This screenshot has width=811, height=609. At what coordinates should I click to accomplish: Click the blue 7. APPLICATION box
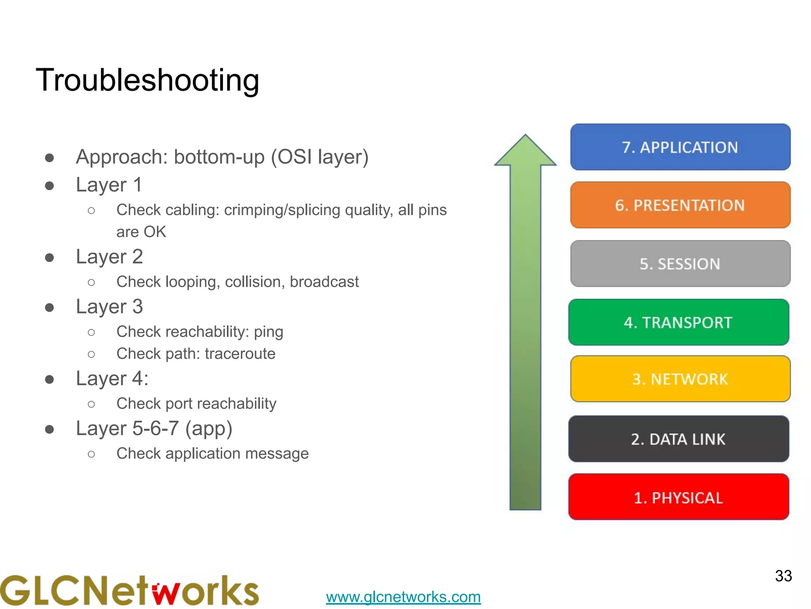tap(680, 147)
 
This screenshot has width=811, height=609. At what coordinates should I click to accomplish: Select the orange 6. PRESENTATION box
tap(680, 205)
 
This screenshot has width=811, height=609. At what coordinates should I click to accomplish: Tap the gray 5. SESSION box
tap(680, 264)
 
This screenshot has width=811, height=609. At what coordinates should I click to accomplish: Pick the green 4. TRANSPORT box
tap(678, 322)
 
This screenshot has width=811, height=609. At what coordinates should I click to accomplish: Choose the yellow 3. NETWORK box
tap(680, 379)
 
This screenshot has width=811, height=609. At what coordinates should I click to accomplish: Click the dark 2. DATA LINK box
tap(678, 439)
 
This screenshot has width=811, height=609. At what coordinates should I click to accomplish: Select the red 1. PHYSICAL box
tap(678, 497)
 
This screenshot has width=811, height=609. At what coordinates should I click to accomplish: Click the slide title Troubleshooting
tap(147, 80)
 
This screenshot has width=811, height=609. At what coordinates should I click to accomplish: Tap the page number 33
tap(783, 576)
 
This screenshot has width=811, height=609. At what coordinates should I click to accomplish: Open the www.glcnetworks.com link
tap(403, 597)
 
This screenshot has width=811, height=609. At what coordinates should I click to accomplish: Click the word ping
tap(268, 332)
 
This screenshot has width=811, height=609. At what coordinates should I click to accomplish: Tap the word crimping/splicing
tap(282, 210)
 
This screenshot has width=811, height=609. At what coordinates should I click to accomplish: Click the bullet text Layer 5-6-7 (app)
tap(154, 429)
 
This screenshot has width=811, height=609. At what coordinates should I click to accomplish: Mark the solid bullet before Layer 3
tap(49, 307)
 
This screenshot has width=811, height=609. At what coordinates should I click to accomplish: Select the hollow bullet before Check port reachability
tap(91, 404)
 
